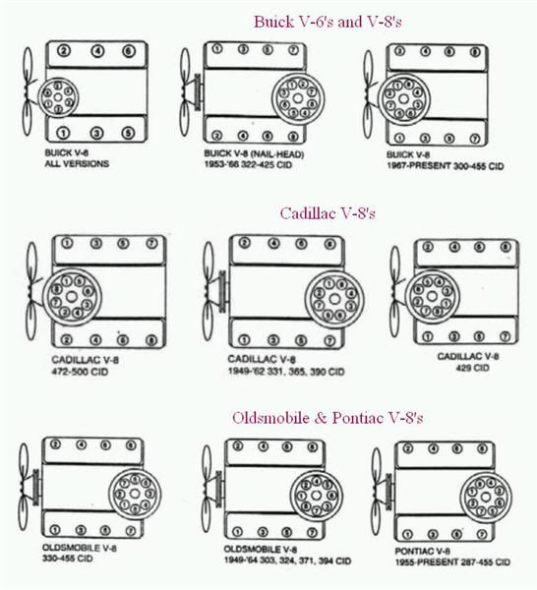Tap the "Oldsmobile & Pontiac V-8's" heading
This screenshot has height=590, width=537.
pos(328,417)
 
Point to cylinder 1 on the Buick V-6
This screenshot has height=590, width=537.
pos(63,132)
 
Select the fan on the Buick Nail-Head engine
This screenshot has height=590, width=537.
pos(188,93)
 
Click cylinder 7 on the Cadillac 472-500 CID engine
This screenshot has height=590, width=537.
pos(150,243)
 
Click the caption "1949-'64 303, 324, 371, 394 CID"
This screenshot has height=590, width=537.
pos(286,560)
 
